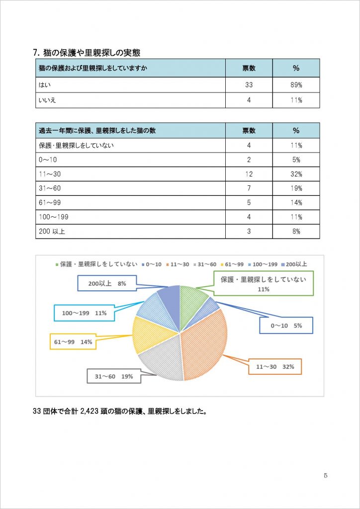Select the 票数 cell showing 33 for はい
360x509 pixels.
click(x=249, y=85)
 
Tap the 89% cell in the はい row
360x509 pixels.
click(x=296, y=85)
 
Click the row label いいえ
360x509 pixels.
click(x=47, y=100)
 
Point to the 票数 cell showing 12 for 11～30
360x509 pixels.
click(x=249, y=174)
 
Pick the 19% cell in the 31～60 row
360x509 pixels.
click(x=296, y=189)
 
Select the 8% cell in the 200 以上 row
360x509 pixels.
click(x=296, y=232)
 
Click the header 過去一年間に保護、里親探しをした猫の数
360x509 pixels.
click(x=97, y=131)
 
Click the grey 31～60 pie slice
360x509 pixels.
click(x=162, y=362)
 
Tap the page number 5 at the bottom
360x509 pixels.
click(x=325, y=476)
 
